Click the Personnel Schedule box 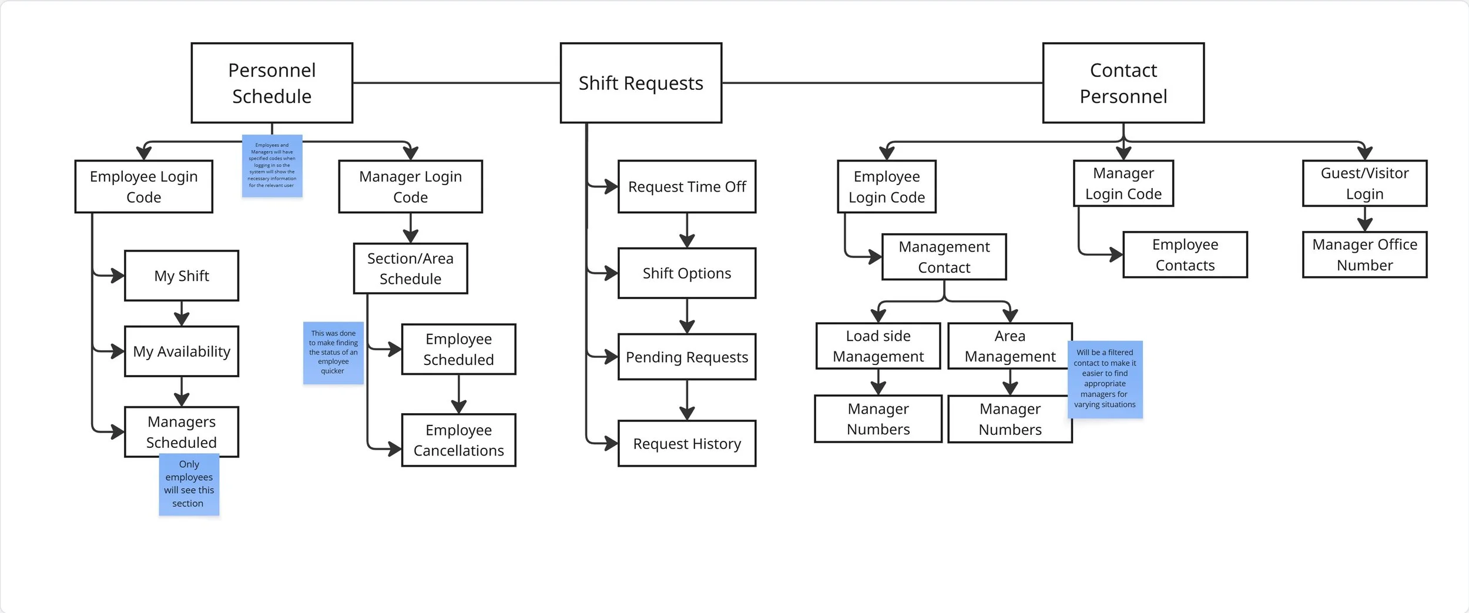272,83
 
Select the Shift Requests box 641,83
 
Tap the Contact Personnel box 1123,83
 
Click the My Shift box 182,276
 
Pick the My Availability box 182,351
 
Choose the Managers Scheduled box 182,431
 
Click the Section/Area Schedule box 411,269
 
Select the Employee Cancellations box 459,440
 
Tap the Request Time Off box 687,186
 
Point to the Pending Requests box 687,357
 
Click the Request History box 687,443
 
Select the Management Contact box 944,257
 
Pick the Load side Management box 878,346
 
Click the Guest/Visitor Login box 1365,183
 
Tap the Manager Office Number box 1365,254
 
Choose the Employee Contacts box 1185,254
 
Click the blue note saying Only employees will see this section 189,484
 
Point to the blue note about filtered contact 1105,379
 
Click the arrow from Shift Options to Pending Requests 687,316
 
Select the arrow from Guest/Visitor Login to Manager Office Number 1365,219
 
